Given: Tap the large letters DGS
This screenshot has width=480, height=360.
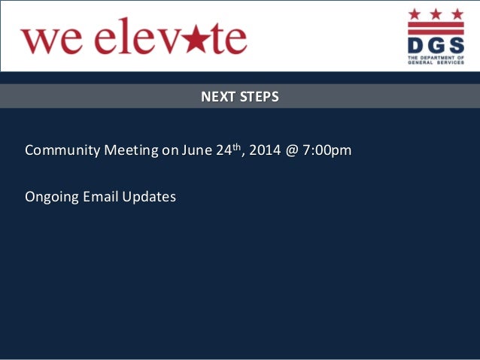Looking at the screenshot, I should [x=431, y=44].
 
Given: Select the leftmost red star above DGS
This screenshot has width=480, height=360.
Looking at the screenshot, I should [x=415, y=14].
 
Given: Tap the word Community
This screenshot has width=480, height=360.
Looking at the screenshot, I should [x=62, y=150].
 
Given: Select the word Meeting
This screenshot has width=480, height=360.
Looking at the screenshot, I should [x=131, y=150].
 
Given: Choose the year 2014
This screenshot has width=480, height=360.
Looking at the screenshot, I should [x=267, y=150].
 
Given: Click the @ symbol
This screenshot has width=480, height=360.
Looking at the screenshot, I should [x=293, y=150].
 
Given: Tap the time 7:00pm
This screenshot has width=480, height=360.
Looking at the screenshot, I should [x=327, y=150].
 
